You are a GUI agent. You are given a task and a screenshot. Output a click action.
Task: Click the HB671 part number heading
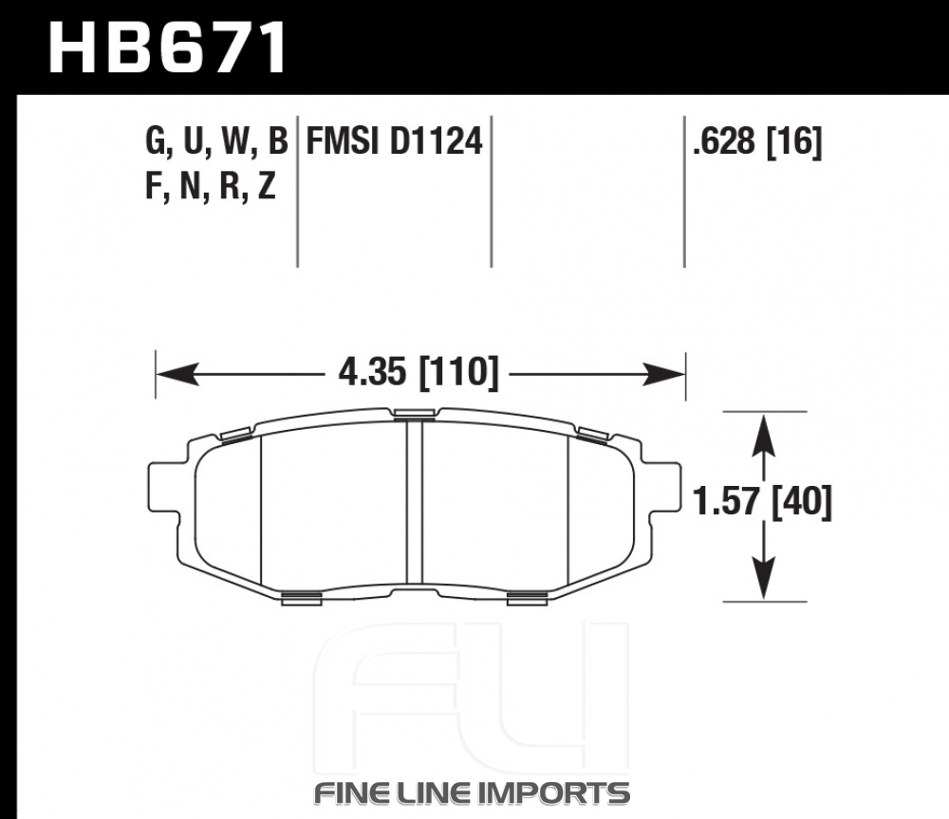pos(168,47)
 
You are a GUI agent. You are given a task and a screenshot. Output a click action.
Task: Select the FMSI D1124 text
pos(394,141)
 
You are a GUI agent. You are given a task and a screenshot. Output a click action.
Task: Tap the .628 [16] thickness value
pos(757,142)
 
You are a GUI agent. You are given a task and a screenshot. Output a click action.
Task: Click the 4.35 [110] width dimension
pos(419,371)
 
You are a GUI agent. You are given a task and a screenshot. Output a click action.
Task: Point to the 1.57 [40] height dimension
pos(763,502)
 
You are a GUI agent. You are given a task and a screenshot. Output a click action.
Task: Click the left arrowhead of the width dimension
pos(177,374)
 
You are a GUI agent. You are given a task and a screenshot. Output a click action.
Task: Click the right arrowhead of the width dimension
pos(664,374)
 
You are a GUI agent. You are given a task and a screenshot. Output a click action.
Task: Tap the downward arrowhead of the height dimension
pos(764,579)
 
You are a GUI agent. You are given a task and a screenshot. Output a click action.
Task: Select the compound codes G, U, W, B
pos(216,142)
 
